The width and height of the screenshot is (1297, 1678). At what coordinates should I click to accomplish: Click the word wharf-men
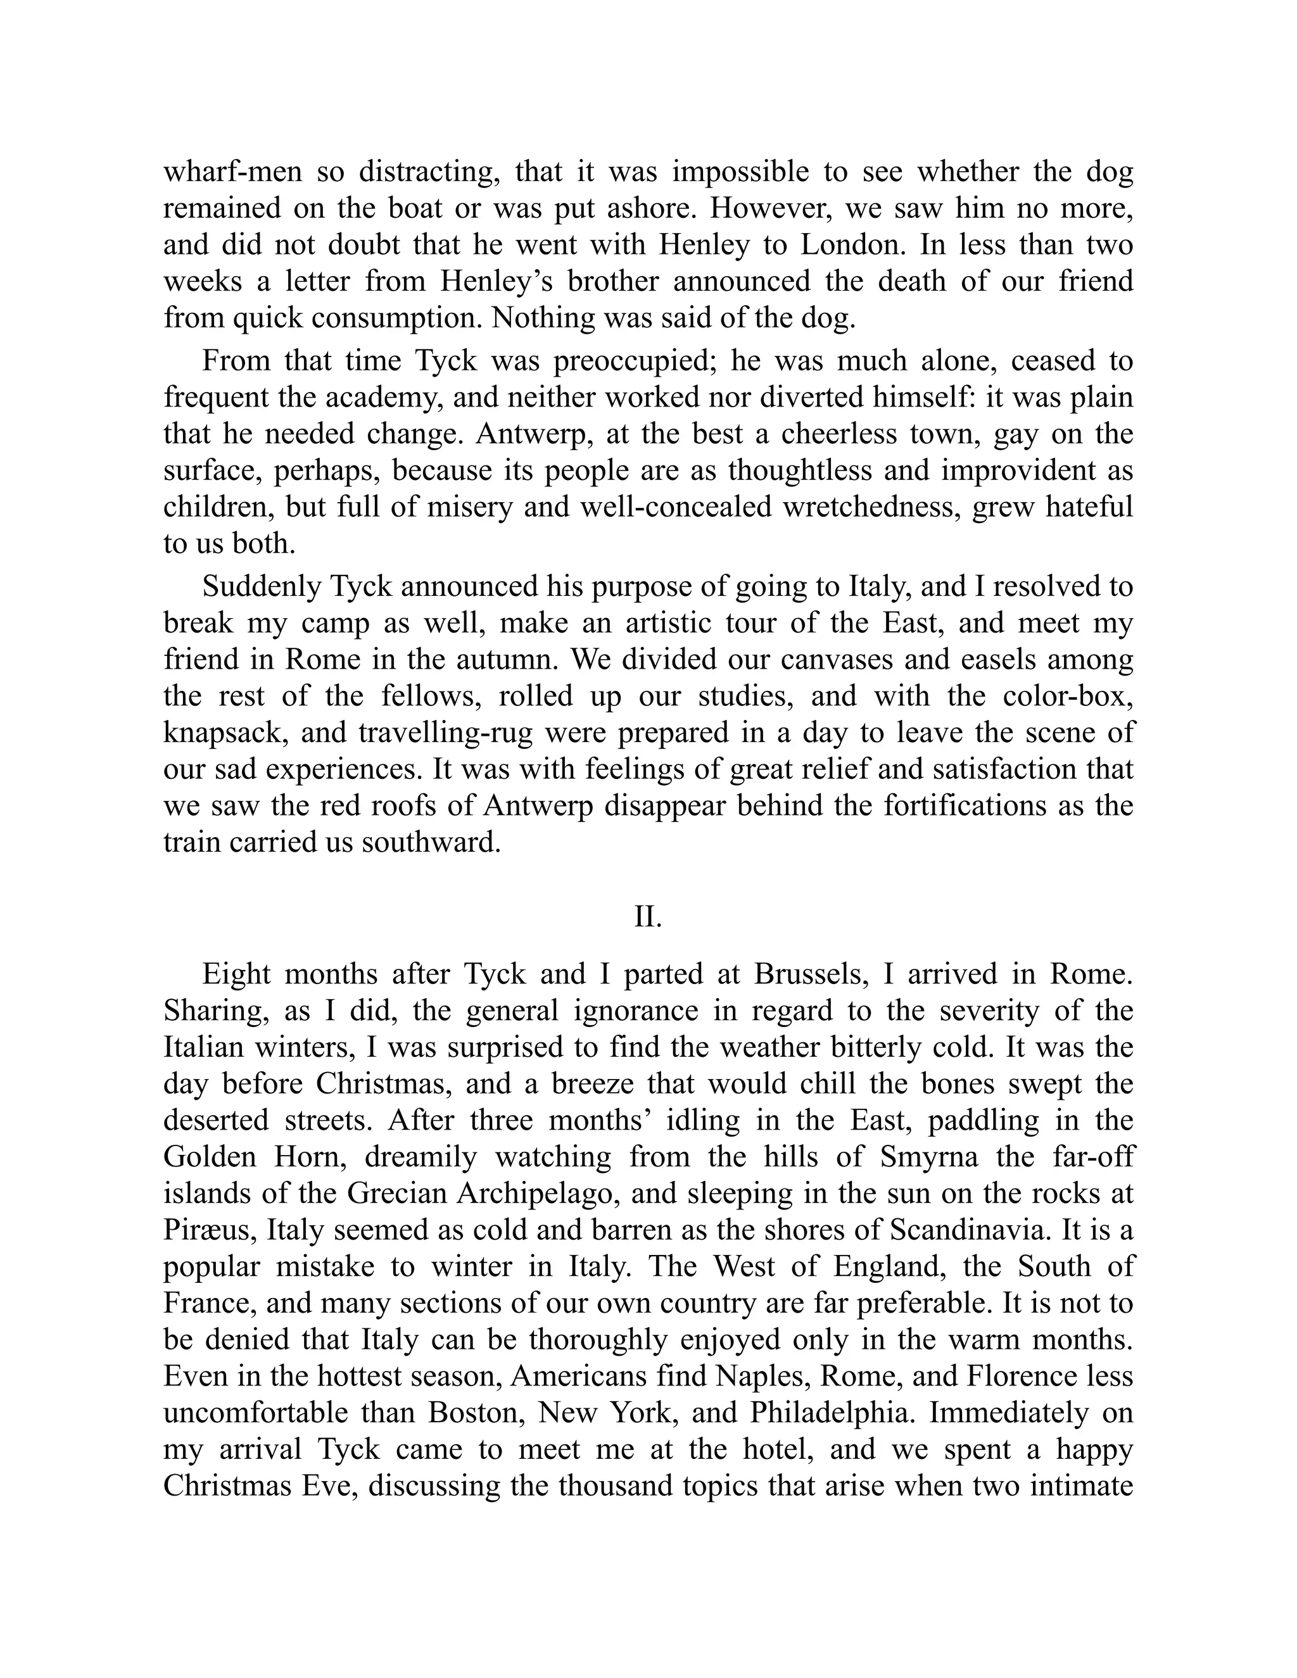pyautogui.click(x=233, y=172)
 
